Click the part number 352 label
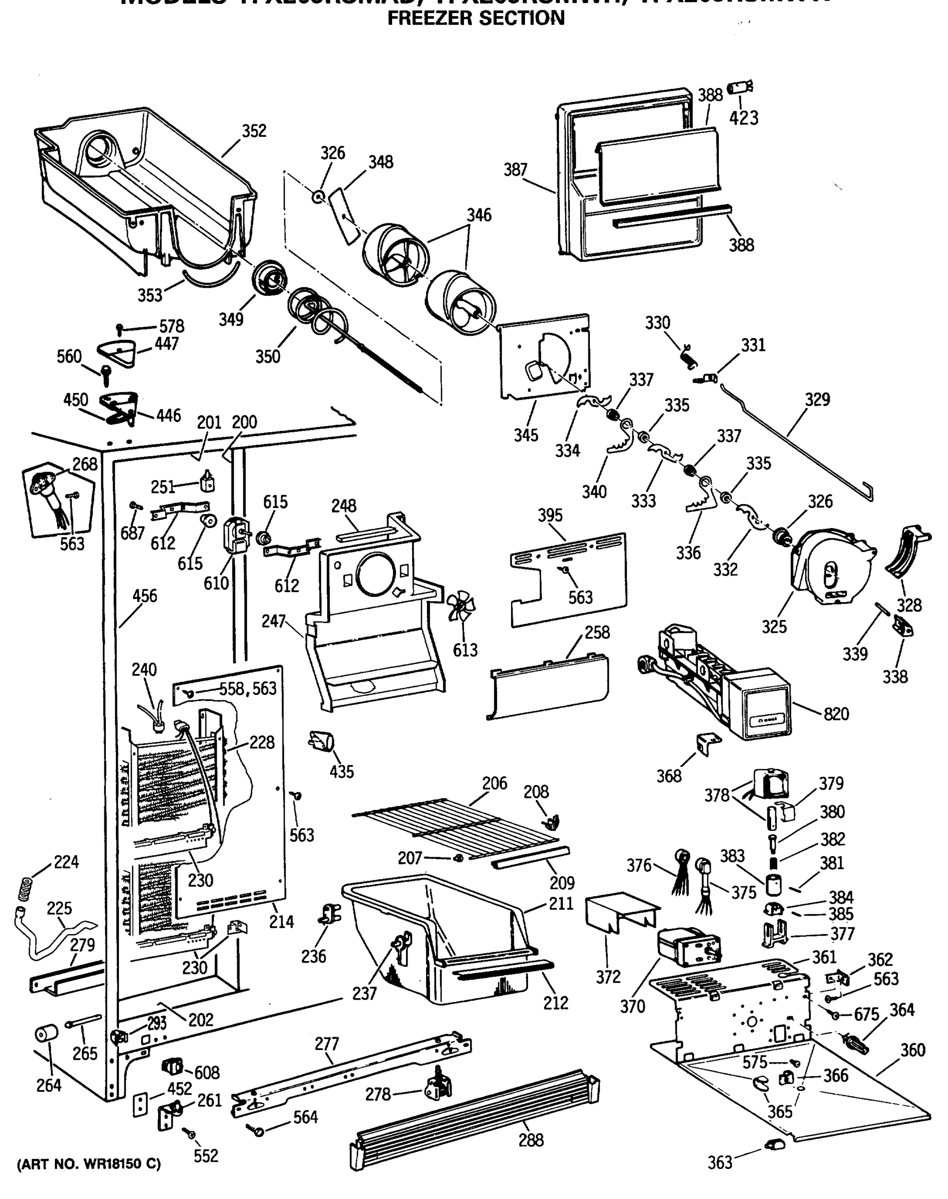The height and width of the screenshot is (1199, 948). click(x=254, y=131)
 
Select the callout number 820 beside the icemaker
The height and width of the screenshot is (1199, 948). click(x=836, y=714)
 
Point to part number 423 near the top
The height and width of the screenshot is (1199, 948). click(x=744, y=118)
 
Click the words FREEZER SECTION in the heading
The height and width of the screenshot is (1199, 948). click(x=475, y=19)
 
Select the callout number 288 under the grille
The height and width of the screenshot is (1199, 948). click(x=530, y=1141)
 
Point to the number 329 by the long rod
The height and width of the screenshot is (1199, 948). click(x=817, y=399)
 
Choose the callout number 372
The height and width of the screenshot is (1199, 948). click(x=608, y=977)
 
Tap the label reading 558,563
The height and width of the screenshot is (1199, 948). click(x=248, y=689)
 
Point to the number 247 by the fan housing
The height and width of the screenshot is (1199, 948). click(x=273, y=621)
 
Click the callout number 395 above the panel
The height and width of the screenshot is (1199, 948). click(x=549, y=515)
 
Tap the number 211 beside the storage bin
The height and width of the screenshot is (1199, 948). click(x=560, y=904)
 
